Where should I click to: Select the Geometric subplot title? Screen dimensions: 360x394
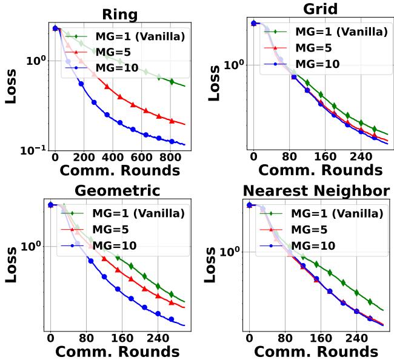point(117,191)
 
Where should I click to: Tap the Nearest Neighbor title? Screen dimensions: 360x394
point(316,191)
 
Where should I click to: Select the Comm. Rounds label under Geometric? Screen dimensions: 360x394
point(119,351)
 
